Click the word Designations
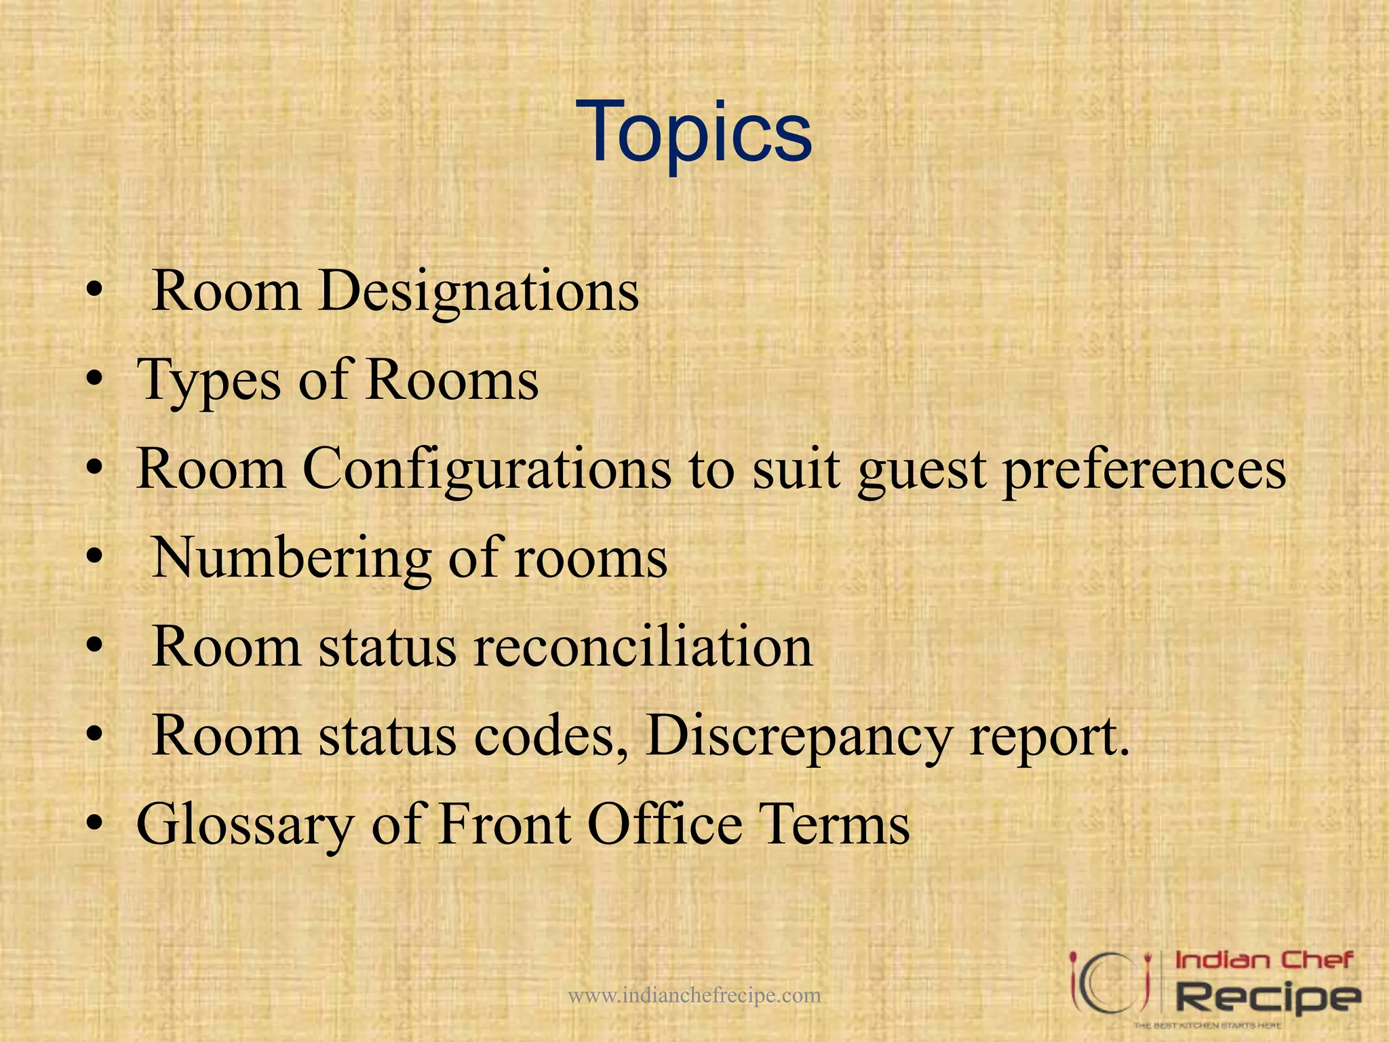coord(478,292)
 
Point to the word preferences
coord(1144,470)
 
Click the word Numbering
coord(290,558)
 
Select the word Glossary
coord(245,826)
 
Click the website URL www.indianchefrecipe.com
coord(694,995)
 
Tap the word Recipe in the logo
coord(1267,997)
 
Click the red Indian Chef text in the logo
coord(1264,960)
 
